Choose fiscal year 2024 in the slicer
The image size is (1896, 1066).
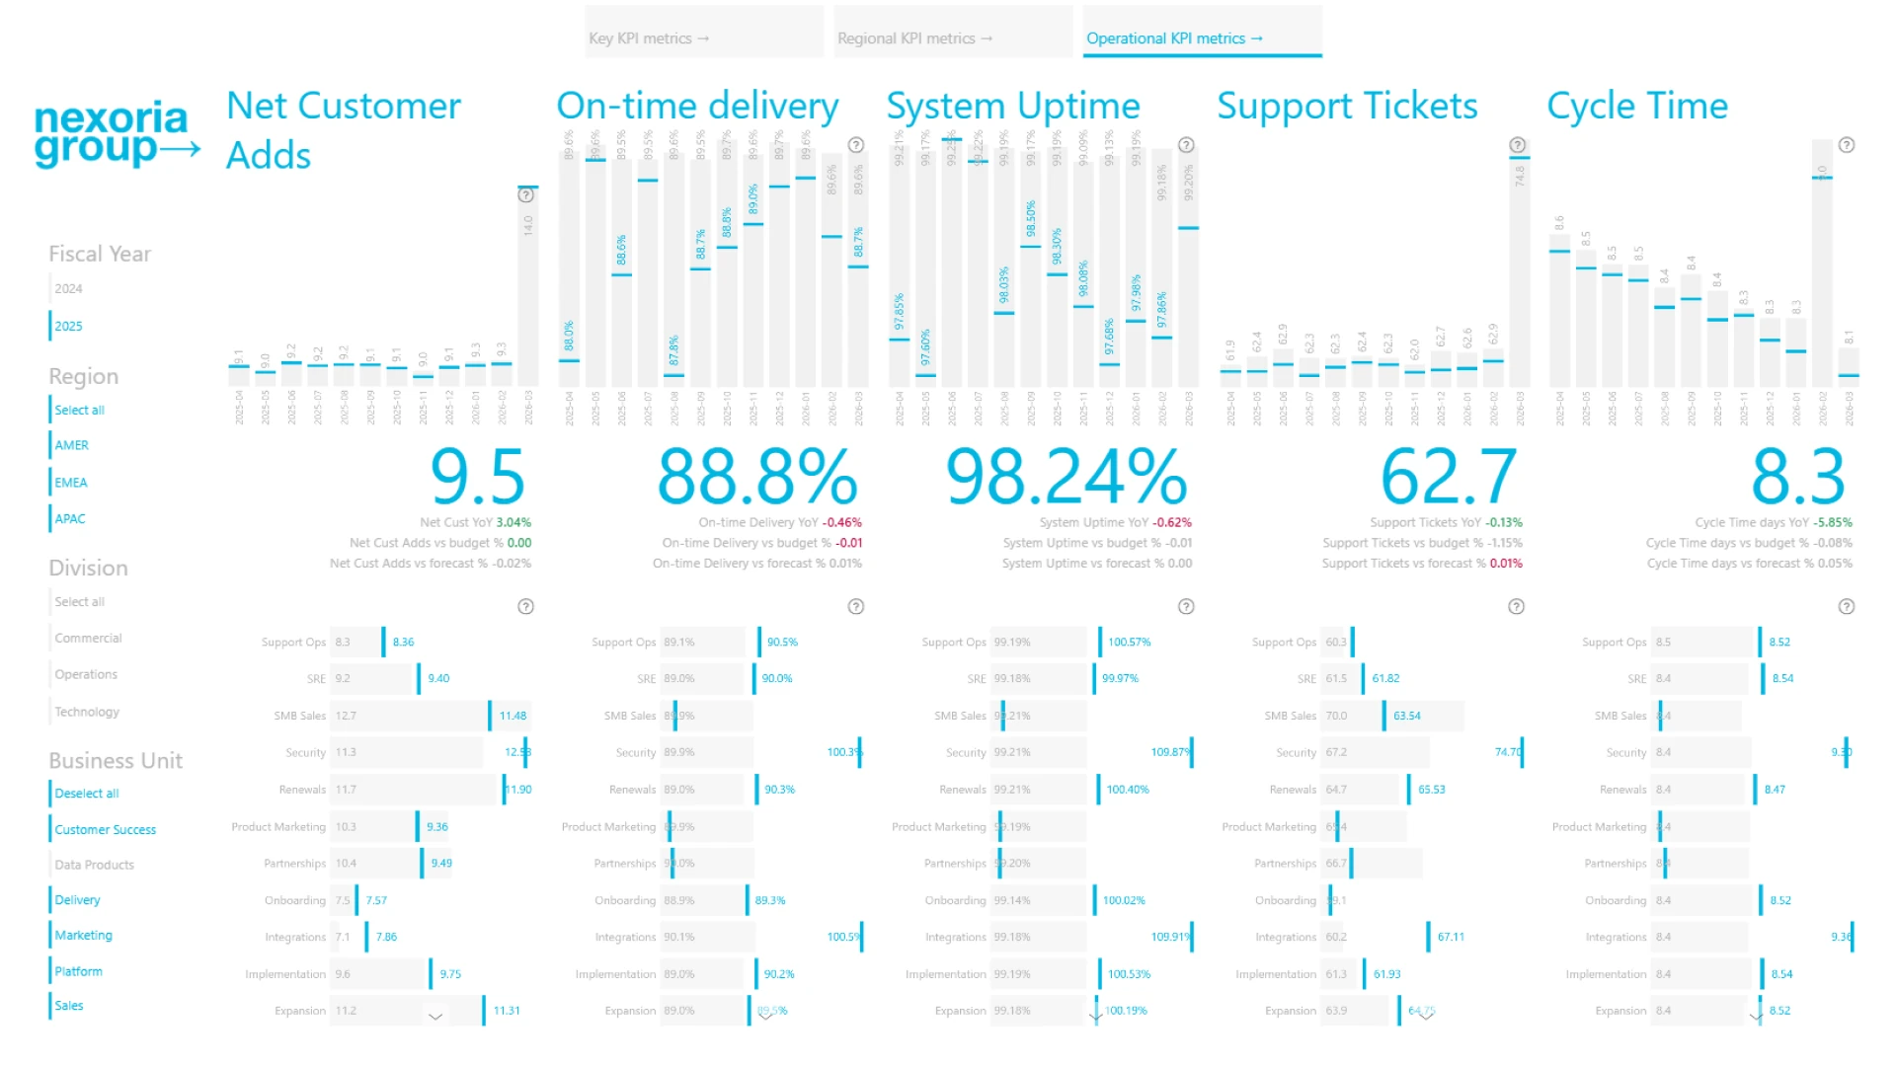pyautogui.click(x=69, y=289)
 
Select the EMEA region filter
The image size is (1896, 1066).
pyautogui.click(x=71, y=483)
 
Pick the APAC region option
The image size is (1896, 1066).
pyautogui.click(x=70, y=519)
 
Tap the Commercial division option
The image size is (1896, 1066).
pyautogui.click(x=88, y=639)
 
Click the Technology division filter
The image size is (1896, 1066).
pyautogui.click(x=87, y=712)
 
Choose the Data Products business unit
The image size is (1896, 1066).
pyautogui.click(x=94, y=865)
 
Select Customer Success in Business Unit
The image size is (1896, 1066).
pyautogui.click(x=105, y=830)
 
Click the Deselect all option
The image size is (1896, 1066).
pyautogui.click(x=87, y=794)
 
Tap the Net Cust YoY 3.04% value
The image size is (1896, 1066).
pyautogui.click(x=513, y=523)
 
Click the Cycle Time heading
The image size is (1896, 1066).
pyautogui.click(x=1637, y=107)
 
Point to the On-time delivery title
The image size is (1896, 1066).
pyautogui.click(x=697, y=107)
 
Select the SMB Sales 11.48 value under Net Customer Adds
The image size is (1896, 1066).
pyautogui.click(x=513, y=716)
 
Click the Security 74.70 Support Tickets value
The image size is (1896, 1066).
pyautogui.click(x=1508, y=752)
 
